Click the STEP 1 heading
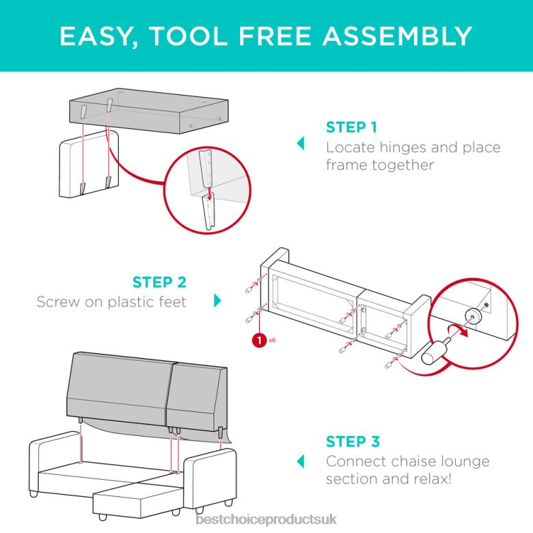[x=351, y=127]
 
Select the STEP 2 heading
[x=159, y=282]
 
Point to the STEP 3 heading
[x=353, y=441]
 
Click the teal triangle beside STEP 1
[x=299, y=144]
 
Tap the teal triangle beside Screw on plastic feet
[x=217, y=300]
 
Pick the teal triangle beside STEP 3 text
[x=299, y=460]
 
